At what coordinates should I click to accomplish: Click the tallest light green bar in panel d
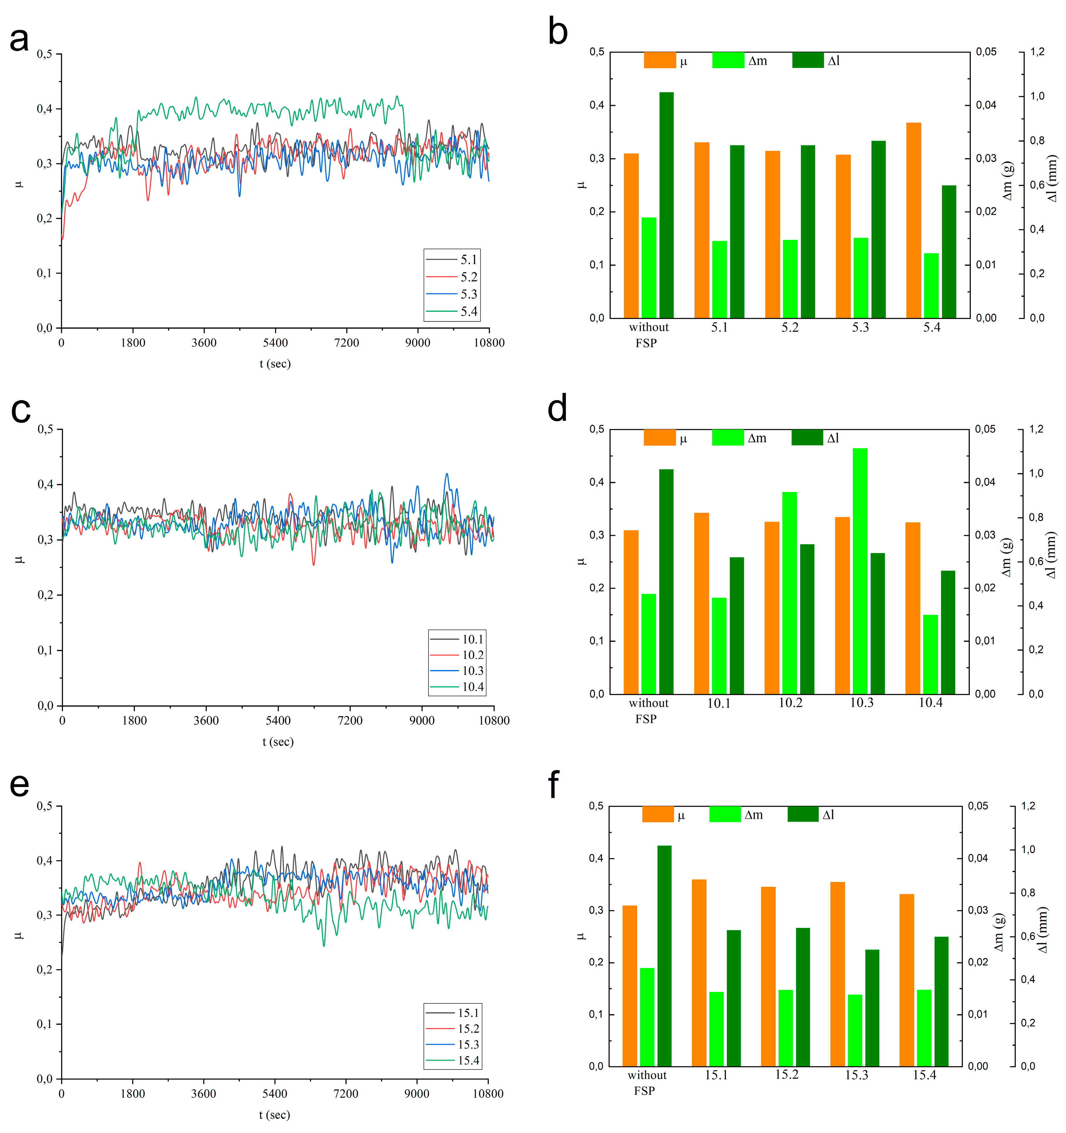860,570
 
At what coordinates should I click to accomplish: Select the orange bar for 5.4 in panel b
913,220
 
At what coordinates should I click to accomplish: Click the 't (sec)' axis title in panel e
274,1115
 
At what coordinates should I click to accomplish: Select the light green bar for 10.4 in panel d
930,654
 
